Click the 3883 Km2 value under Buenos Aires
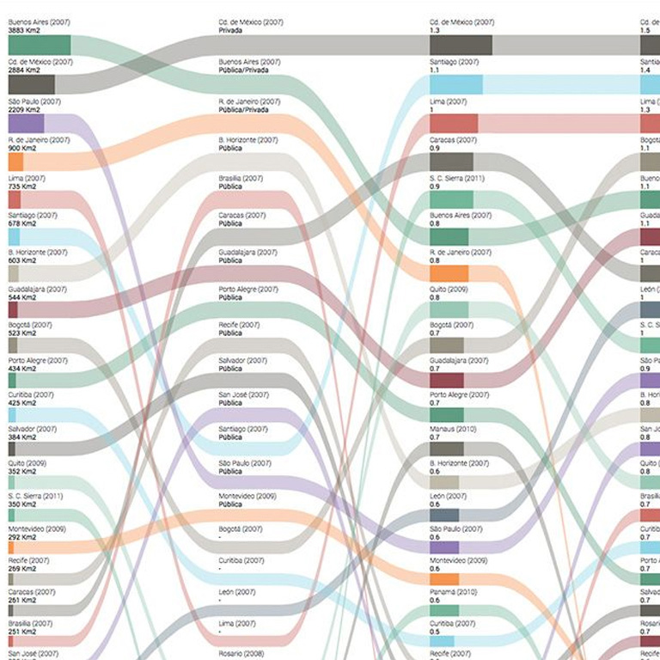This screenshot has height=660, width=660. click(24, 30)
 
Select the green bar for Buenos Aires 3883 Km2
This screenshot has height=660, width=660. click(39, 46)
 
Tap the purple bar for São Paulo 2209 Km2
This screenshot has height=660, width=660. click(26, 124)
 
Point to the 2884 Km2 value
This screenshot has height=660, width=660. click(24, 70)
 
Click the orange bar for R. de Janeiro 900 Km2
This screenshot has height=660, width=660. click(15, 162)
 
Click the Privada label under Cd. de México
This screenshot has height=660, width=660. click(230, 30)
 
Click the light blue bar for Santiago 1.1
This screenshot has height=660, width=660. click(455, 84)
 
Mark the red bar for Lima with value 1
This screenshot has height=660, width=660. click(453, 123)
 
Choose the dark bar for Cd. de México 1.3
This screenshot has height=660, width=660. click(461, 46)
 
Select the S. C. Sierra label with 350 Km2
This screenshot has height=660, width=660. click(35, 496)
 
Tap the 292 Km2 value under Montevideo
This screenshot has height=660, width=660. click(22, 537)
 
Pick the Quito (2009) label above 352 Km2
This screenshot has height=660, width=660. click(27, 463)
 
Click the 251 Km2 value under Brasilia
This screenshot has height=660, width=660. click(22, 632)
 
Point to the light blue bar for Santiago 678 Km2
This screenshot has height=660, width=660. click(14, 236)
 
